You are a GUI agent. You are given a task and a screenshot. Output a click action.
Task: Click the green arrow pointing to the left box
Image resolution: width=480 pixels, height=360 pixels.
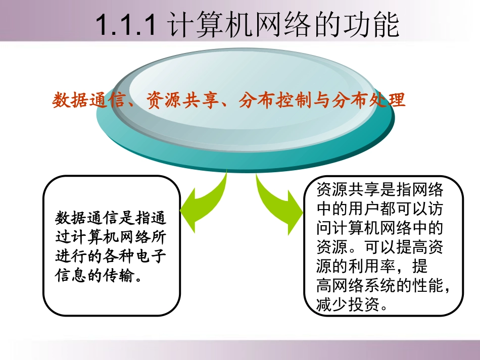[x=202, y=202]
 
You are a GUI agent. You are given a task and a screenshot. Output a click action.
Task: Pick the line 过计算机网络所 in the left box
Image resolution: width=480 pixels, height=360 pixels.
[x=110, y=238]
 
